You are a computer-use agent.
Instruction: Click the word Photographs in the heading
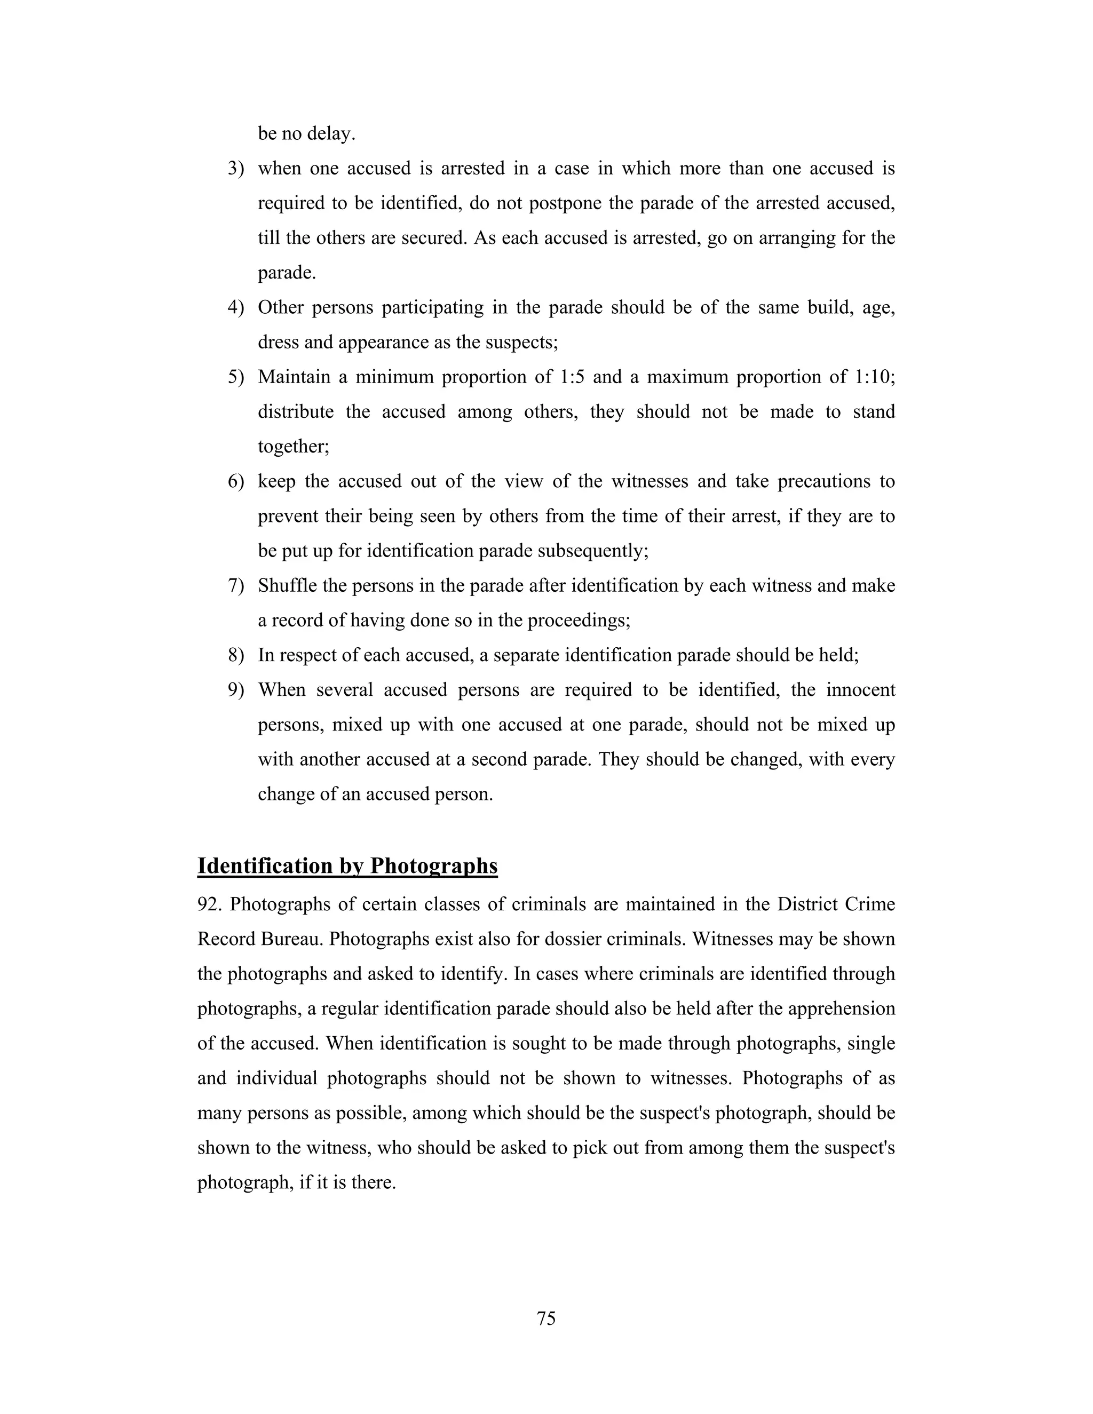(433, 865)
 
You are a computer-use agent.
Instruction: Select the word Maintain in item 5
(294, 377)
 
